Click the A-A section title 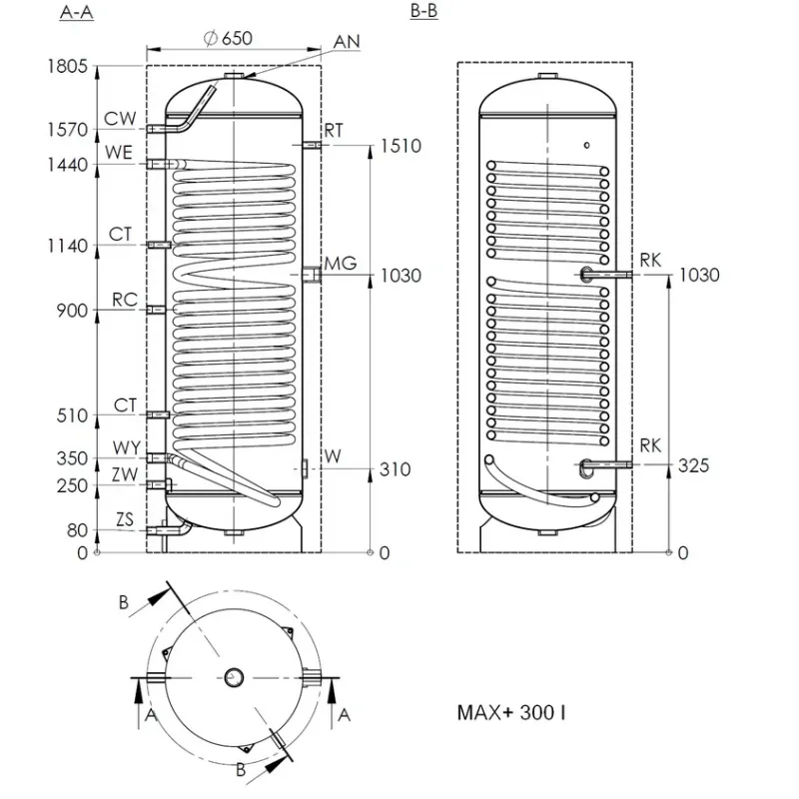(77, 11)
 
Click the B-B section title (423, 11)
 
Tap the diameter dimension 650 (229, 38)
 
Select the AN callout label (347, 42)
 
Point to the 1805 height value (67, 66)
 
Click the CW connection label (120, 119)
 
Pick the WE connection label (119, 153)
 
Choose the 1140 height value (67, 246)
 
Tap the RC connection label (125, 300)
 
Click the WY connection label (127, 447)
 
